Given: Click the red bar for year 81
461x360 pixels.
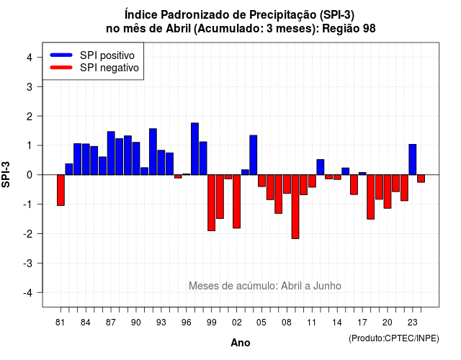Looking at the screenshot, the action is pyautogui.click(x=61, y=190).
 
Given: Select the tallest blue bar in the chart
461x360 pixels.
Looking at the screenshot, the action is pyautogui.click(x=194, y=149).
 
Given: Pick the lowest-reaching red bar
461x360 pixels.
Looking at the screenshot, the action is pyautogui.click(x=295, y=207).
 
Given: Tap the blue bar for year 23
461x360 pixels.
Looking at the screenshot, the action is pyautogui.click(x=413, y=160).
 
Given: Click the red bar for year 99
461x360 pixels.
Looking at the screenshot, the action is pyautogui.click(x=211, y=203).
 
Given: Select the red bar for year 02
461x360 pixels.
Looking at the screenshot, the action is pyautogui.click(x=236, y=202).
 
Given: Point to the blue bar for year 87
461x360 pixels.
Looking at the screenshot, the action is pyautogui.click(x=111, y=153).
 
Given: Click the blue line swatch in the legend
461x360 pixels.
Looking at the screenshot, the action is pyautogui.click(x=61, y=55).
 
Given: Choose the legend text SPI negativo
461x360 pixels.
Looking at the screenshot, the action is pyautogui.click(x=109, y=68).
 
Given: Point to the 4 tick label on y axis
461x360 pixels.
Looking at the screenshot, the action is pyautogui.click(x=29, y=58).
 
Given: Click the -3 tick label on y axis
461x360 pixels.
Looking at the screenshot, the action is pyautogui.click(x=27, y=264).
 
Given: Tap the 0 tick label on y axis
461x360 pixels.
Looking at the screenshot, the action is pyautogui.click(x=29, y=175).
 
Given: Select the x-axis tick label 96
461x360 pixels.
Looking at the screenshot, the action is pyautogui.click(x=186, y=323).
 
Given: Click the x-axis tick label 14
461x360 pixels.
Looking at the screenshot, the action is pyautogui.click(x=337, y=323).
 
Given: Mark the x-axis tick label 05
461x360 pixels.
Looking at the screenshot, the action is pyautogui.click(x=261, y=323).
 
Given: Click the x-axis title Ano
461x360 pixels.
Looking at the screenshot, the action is pyautogui.click(x=241, y=343).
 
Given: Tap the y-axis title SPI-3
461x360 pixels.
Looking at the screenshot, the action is pyautogui.click(x=6, y=174).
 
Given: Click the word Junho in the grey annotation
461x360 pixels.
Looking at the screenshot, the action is pyautogui.click(x=327, y=286).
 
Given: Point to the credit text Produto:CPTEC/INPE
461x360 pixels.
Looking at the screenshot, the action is pyautogui.click(x=394, y=338).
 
